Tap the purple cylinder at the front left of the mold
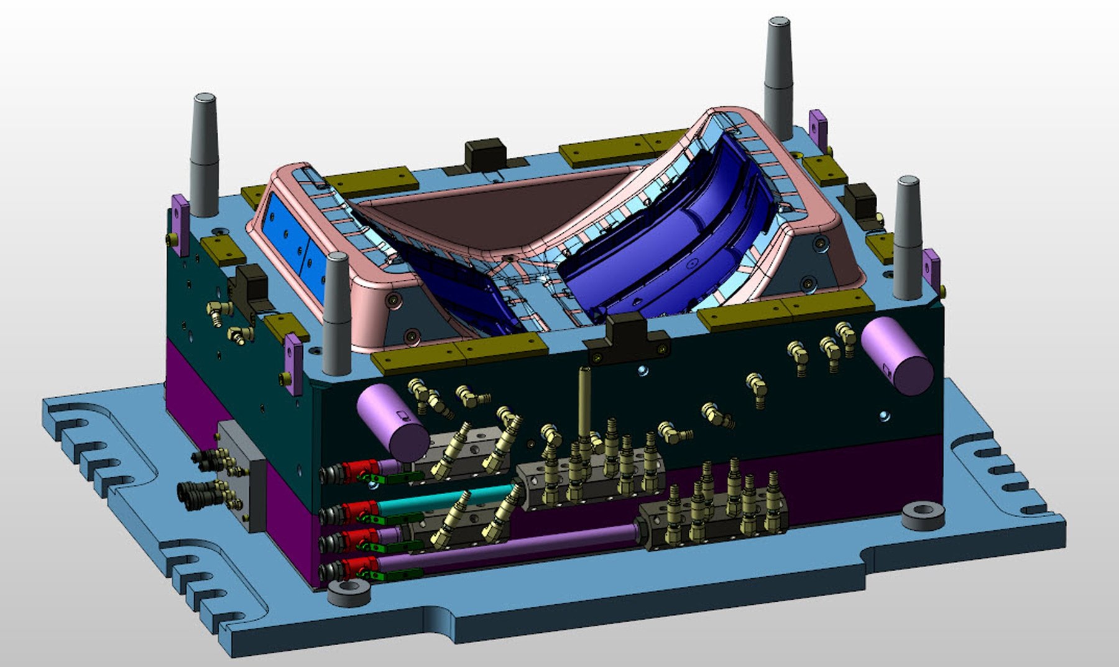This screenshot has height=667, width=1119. click(392, 420)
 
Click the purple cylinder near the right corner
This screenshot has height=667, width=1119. click(896, 354)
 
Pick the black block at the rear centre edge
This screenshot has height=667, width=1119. click(485, 154)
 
